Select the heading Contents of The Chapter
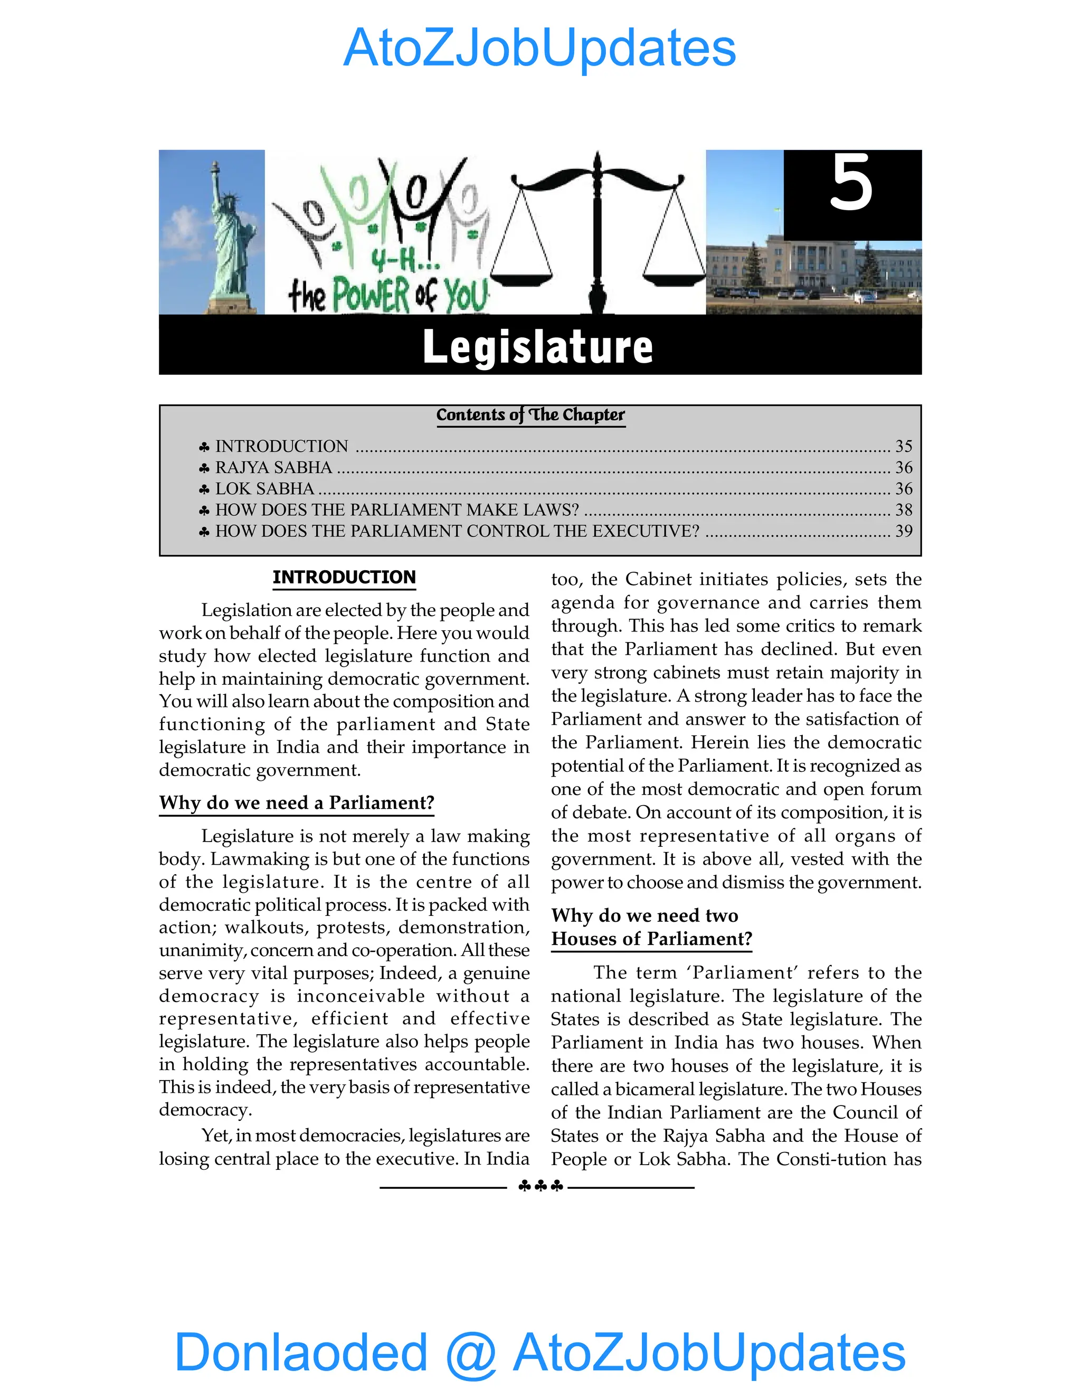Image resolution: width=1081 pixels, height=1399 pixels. pyautogui.click(x=530, y=415)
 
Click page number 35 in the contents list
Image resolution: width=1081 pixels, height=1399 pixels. pyautogui.click(x=903, y=446)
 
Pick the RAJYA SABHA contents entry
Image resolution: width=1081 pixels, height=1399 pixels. pyautogui.click(x=273, y=468)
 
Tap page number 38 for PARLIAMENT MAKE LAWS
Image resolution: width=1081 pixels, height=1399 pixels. pyautogui.click(x=903, y=510)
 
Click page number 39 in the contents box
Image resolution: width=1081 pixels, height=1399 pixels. pyautogui.click(x=903, y=531)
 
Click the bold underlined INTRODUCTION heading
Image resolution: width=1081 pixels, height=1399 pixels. pyautogui.click(x=344, y=577)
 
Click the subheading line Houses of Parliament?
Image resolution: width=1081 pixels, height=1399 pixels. pyautogui.click(x=651, y=939)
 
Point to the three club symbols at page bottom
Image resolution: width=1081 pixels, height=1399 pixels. pyautogui.click(x=540, y=1186)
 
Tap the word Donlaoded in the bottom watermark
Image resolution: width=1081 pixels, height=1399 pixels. pyautogui.click(x=300, y=1351)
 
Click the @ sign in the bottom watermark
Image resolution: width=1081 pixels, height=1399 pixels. pyautogui.click(x=471, y=1353)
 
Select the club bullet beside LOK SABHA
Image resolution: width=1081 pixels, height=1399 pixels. pyautogui.click(x=204, y=489)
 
